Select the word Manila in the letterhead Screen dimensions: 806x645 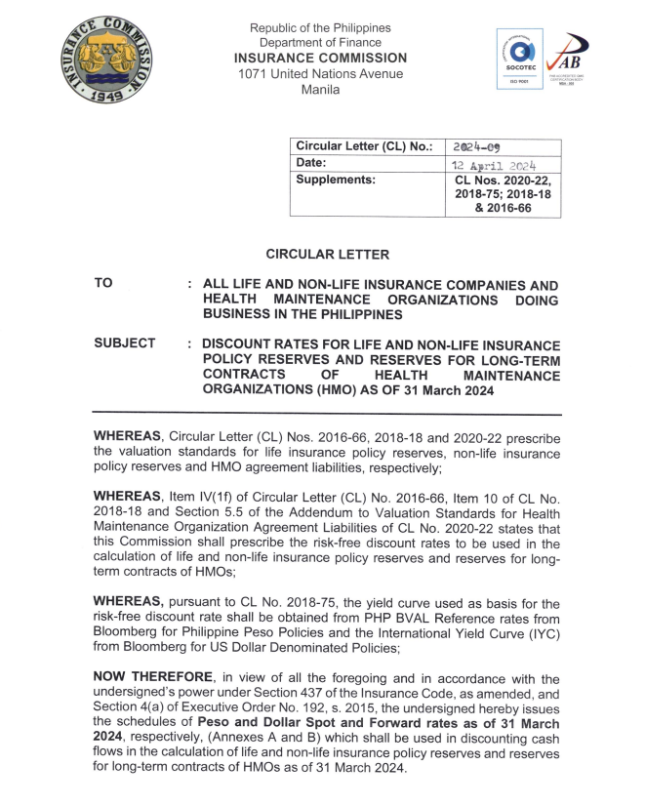coord(320,90)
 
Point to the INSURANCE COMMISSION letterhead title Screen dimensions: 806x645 coord(320,59)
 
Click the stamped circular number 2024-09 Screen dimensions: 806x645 coord(477,146)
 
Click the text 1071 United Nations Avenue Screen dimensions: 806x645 coord(320,74)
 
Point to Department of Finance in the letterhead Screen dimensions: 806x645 coord(320,43)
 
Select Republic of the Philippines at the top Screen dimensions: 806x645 coord(320,27)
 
